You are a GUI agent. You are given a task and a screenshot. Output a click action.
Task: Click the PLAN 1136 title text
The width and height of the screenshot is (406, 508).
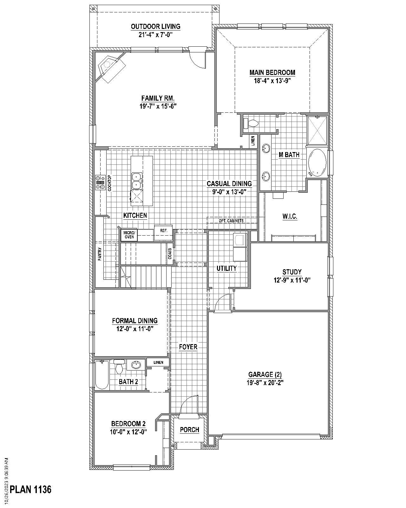pos(30,489)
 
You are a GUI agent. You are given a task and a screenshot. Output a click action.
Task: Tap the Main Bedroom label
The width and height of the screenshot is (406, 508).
pos(272,73)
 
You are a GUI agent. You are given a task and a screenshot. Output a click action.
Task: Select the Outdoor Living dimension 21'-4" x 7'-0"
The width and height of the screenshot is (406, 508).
pos(155,34)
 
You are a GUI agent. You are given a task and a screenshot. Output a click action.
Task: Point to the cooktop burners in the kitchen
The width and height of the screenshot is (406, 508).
pos(101,183)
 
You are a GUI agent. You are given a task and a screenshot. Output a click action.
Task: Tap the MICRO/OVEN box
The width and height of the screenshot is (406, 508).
pos(129,235)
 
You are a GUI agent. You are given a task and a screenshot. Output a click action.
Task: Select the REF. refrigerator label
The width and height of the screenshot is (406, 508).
pos(164,231)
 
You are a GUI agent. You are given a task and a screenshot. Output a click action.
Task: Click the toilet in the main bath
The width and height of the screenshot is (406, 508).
pos(251,123)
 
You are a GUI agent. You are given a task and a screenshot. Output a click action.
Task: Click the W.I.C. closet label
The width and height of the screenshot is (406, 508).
pos(290,217)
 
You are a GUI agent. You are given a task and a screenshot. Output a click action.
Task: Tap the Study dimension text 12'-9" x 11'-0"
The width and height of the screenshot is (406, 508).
pos(292,280)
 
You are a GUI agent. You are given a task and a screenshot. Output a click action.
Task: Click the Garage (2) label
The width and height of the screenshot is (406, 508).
pos(265,375)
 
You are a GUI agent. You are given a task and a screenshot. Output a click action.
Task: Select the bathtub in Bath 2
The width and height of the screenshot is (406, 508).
pos(102,375)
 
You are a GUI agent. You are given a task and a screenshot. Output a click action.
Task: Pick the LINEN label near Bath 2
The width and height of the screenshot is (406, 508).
pos(158,362)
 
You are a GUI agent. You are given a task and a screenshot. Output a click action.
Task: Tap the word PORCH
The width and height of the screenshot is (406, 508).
pos(190,430)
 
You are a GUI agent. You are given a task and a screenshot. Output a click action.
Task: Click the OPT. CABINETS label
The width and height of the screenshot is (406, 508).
pos(231,221)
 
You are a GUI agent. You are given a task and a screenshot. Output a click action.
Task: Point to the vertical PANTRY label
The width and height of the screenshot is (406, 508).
pos(100,254)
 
